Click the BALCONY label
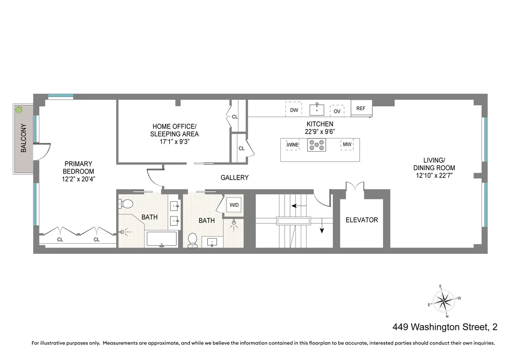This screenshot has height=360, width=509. click(x=24, y=138)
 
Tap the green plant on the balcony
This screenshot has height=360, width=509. click(x=19, y=110)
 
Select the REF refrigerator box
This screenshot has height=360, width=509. click(x=361, y=109)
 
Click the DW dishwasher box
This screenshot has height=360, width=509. click(x=294, y=110)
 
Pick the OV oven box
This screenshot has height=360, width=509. click(x=337, y=111)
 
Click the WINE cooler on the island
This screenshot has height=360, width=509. click(x=293, y=145)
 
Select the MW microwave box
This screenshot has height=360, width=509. click(x=347, y=145)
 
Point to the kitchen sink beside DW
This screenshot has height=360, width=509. click(x=316, y=109)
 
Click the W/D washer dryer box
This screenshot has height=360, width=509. click(x=234, y=205)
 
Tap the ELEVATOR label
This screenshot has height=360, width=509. click(x=361, y=220)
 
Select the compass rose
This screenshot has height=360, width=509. click(x=444, y=301)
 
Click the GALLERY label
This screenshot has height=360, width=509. click(x=234, y=177)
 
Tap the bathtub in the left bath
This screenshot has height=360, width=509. click(x=161, y=239)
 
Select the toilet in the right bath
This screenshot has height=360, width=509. click(x=193, y=239)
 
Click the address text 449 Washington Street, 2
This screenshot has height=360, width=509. click(x=445, y=327)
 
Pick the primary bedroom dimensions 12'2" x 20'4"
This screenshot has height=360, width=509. click(x=78, y=179)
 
